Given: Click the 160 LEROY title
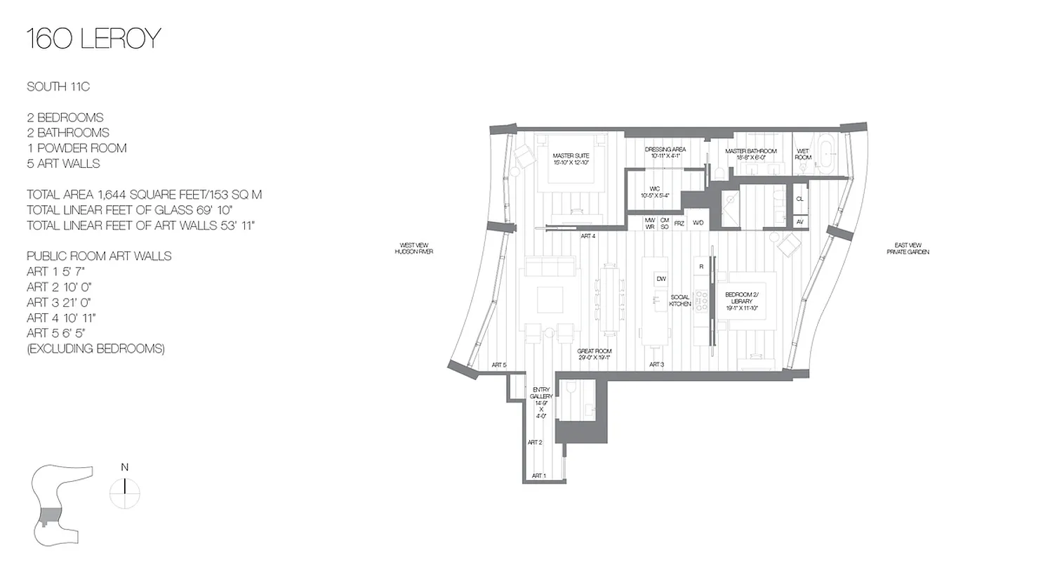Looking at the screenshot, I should tap(93, 39).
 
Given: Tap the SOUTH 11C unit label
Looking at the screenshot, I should tap(58, 86).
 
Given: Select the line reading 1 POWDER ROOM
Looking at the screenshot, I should tap(77, 148).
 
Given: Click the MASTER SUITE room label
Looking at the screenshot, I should tap(570, 159).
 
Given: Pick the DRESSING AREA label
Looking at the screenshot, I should tap(665, 152).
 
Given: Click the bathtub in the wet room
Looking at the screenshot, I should tap(828, 154).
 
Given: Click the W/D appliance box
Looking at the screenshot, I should tap(698, 223).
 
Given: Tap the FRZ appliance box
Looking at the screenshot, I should tap(679, 223).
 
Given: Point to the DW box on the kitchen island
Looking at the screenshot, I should tap(661, 279).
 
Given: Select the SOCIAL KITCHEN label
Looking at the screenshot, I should tap(679, 301).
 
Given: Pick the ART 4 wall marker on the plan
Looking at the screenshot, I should tap(588, 236).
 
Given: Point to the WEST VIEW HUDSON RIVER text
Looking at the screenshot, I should tap(413, 248).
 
